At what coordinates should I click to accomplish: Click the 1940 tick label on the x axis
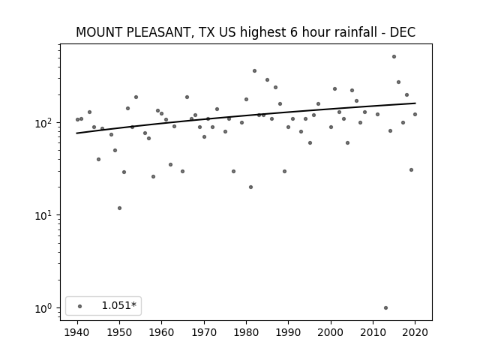[x=77, y=332]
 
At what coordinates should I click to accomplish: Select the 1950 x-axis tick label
[x=120, y=332]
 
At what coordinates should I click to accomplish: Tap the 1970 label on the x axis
[x=204, y=332]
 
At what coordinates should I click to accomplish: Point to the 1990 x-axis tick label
[x=288, y=332]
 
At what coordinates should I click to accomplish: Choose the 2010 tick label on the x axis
[x=373, y=332]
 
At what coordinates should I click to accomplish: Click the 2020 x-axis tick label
[x=415, y=332]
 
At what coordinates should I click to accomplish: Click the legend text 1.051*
[x=118, y=305]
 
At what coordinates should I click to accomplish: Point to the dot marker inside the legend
[x=80, y=306]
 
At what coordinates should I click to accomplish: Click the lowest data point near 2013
[x=385, y=308]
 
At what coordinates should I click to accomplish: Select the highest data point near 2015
[x=394, y=57]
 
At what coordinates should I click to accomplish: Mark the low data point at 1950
[x=120, y=208]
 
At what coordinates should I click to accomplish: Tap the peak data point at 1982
[x=255, y=71]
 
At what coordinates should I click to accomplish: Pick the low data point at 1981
[x=250, y=187]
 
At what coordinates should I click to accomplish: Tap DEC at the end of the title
[x=403, y=32]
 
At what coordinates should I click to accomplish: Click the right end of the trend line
[x=415, y=103]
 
